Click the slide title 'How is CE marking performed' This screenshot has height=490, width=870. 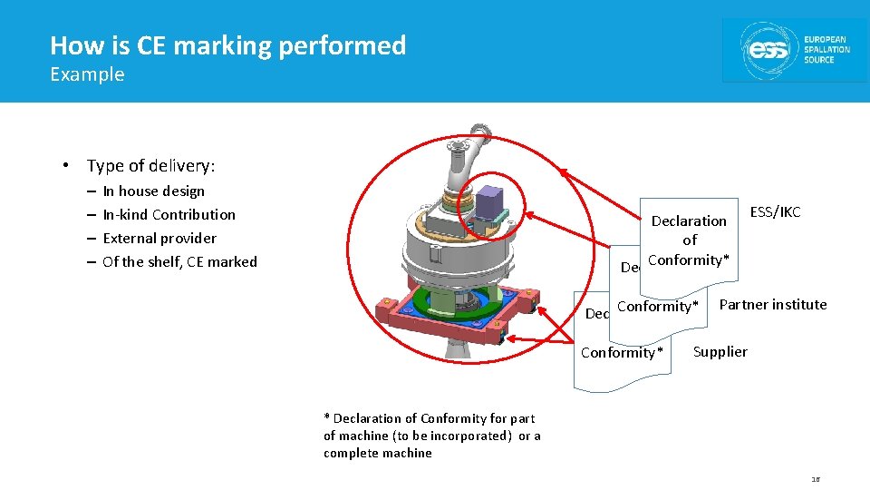click(227, 45)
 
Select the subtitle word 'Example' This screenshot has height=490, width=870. click(87, 74)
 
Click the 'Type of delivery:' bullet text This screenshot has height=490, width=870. click(150, 165)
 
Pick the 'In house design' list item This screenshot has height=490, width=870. click(153, 191)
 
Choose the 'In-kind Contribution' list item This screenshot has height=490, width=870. click(169, 215)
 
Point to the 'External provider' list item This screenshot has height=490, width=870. click(159, 239)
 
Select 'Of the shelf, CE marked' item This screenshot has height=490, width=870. click(179, 262)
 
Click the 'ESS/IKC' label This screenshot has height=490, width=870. click(775, 212)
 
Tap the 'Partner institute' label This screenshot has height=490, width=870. click(772, 305)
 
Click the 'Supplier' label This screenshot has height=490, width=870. click(720, 352)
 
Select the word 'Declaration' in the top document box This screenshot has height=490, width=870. click(689, 221)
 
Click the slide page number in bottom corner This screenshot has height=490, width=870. click(816, 479)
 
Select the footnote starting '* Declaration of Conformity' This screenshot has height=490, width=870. click(431, 436)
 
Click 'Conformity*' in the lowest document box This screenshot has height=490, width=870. click(621, 353)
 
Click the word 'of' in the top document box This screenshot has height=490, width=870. click(690, 240)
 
